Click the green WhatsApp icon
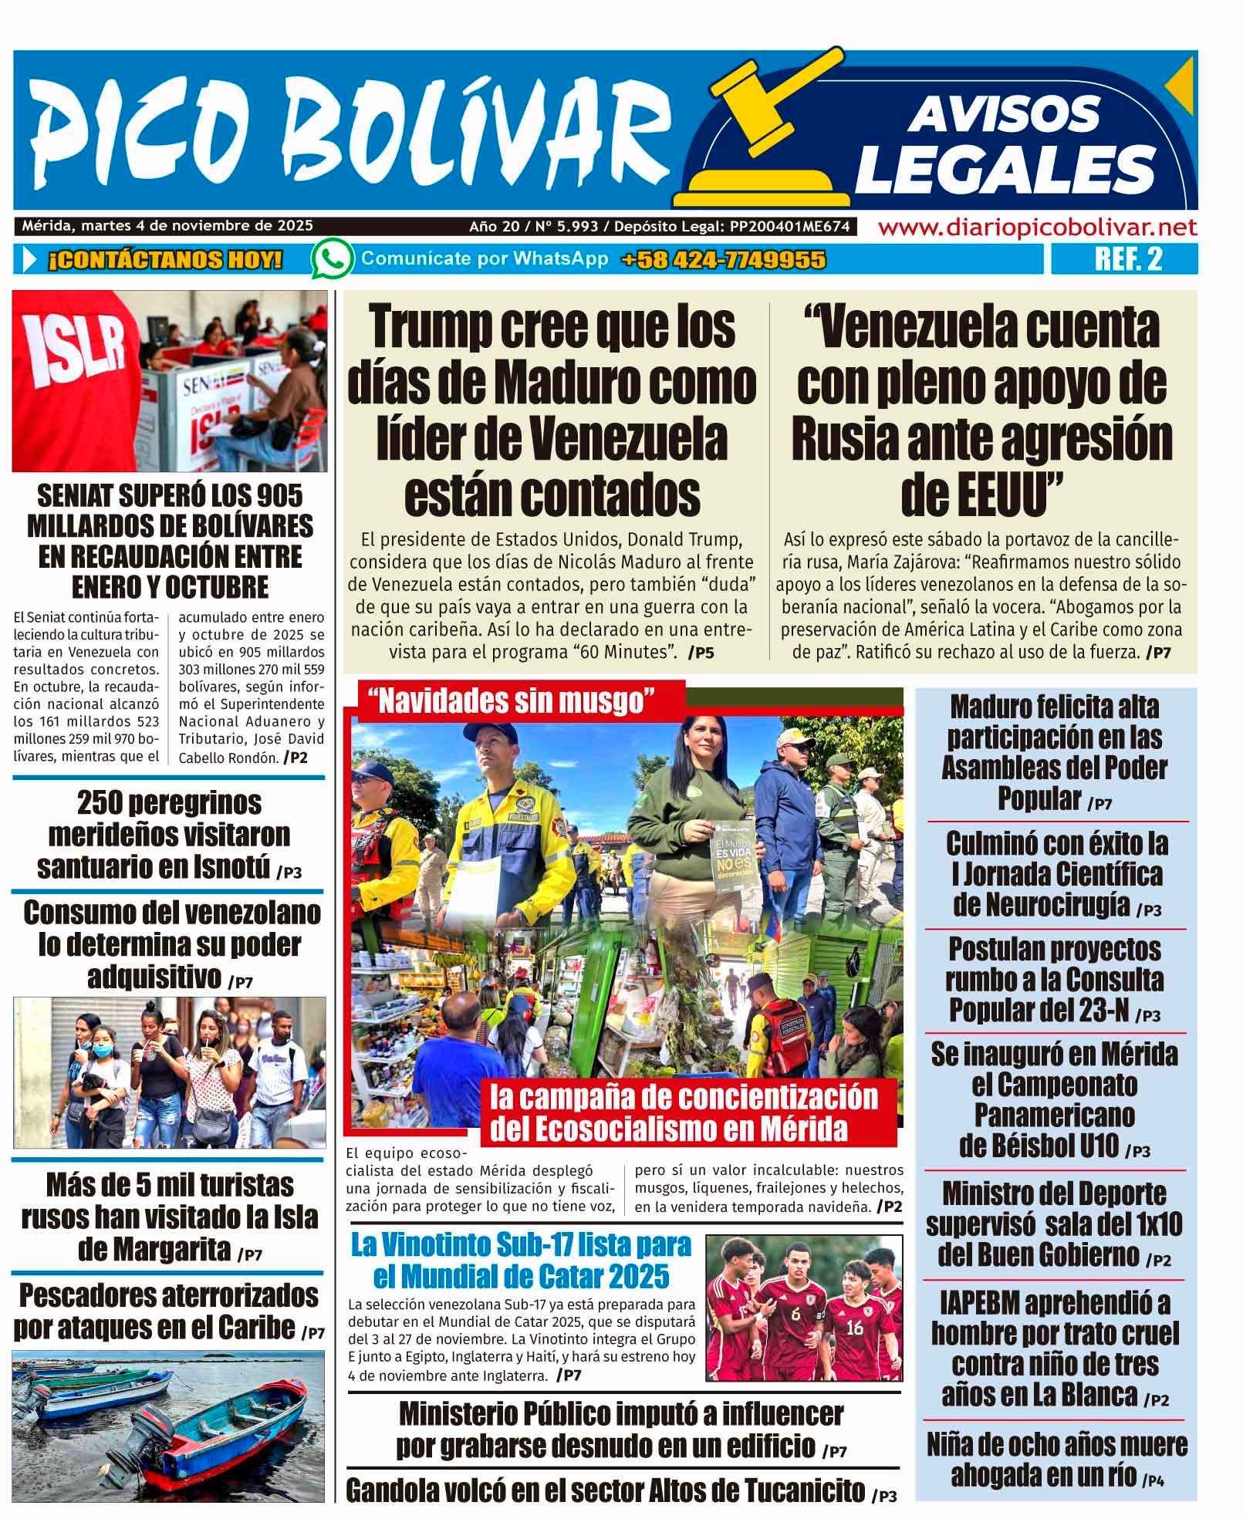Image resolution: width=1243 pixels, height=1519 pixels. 333,258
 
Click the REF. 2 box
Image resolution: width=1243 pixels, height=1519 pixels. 1127,259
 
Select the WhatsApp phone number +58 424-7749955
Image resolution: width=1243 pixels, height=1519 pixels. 723,260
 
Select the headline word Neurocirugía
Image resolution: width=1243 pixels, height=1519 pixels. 1041,904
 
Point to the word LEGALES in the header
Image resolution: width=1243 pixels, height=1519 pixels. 1005,166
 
